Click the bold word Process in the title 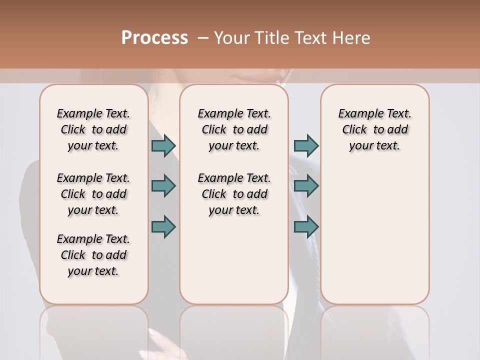pyautogui.click(x=154, y=38)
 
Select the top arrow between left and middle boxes pyautogui.click(x=163, y=146)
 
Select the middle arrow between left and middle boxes pyautogui.click(x=163, y=186)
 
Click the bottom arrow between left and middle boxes pyautogui.click(x=163, y=226)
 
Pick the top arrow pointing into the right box pyautogui.click(x=306, y=146)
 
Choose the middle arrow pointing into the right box pyautogui.click(x=306, y=186)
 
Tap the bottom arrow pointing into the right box pyautogui.click(x=306, y=226)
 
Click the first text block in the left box pyautogui.click(x=93, y=129)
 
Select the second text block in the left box pyautogui.click(x=93, y=194)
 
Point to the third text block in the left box pyautogui.click(x=93, y=255)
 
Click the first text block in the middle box pyautogui.click(x=234, y=129)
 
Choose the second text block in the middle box pyautogui.click(x=234, y=194)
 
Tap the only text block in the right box pyautogui.click(x=375, y=129)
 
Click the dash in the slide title pyautogui.click(x=203, y=38)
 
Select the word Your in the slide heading pyautogui.click(x=230, y=38)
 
